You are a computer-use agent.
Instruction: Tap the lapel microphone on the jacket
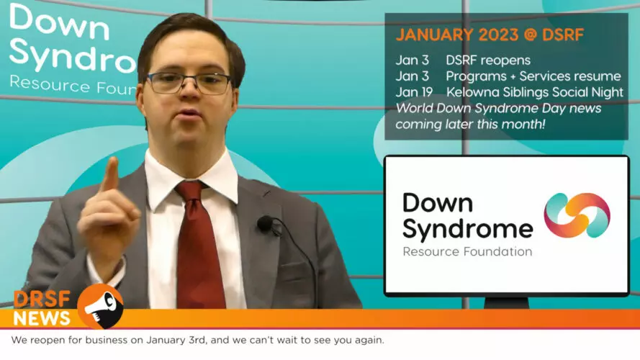click(x=266, y=224)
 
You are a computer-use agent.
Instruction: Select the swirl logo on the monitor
click(x=577, y=215)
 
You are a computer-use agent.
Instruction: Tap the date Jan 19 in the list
click(x=414, y=92)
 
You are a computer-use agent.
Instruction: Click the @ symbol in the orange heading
click(x=530, y=35)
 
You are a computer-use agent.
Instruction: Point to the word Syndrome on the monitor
click(x=468, y=228)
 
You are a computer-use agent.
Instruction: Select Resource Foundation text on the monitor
click(x=467, y=251)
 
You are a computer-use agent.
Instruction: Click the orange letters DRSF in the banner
click(x=42, y=300)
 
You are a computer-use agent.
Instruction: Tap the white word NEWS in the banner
click(x=42, y=318)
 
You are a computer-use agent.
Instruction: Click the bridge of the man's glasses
click(x=188, y=78)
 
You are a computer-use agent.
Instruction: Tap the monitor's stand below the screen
click(x=506, y=302)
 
